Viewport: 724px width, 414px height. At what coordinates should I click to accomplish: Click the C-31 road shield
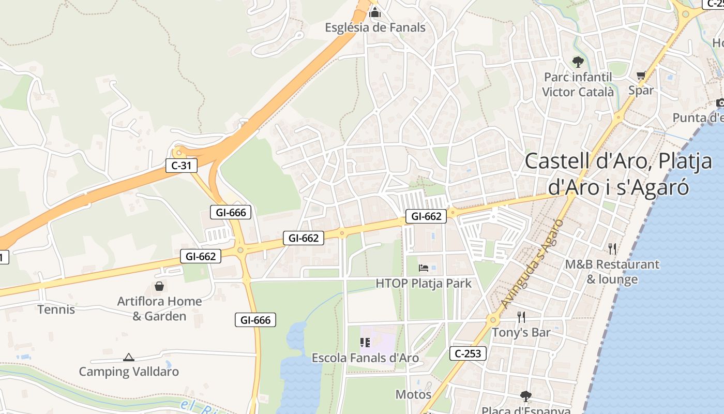point(182,166)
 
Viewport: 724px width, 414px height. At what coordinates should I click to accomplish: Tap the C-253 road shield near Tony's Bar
point(468,353)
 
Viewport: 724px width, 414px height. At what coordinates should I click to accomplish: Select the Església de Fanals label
point(375,27)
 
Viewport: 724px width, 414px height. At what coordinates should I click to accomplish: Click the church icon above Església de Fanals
point(375,12)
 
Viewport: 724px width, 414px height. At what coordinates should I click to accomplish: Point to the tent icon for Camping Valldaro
point(128,357)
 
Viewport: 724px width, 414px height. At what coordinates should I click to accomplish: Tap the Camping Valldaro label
point(129,372)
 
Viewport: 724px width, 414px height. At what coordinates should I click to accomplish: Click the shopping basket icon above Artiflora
point(159,286)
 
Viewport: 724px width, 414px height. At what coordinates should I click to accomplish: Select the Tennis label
point(56,309)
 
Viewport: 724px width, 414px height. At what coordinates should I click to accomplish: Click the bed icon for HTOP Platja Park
point(424,268)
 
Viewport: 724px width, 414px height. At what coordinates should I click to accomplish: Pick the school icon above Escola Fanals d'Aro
point(365,343)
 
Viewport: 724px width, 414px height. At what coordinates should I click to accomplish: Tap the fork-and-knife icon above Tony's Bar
point(521,317)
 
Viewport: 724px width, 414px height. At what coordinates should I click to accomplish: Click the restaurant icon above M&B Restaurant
point(612,249)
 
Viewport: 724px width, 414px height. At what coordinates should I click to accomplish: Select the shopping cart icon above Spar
point(641,76)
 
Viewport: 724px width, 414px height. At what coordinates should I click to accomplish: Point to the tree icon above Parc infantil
point(578,62)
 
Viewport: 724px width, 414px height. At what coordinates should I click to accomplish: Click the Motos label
point(413,394)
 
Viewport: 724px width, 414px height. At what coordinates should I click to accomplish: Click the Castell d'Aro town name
point(619,174)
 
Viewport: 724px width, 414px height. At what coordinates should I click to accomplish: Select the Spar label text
point(641,90)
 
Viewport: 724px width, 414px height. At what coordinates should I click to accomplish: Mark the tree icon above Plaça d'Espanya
point(525,396)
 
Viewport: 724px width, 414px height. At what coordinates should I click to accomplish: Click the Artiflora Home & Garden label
point(159,308)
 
